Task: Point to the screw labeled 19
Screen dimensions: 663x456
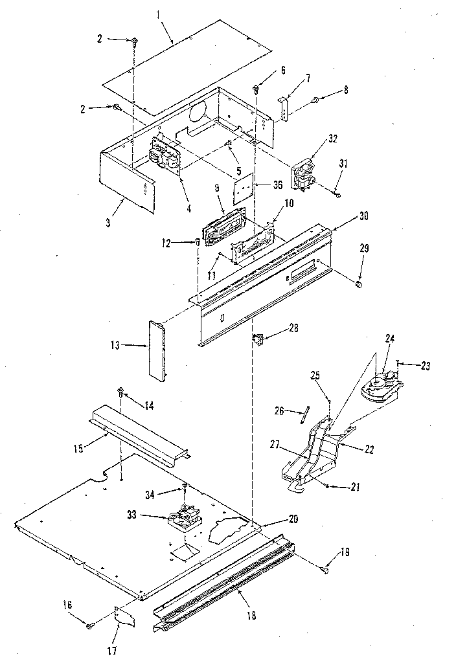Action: click(325, 568)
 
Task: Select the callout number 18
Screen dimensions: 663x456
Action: click(251, 615)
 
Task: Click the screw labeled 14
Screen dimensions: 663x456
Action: click(120, 392)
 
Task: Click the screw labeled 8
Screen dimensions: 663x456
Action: click(315, 100)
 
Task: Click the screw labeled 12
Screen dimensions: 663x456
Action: click(197, 242)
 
